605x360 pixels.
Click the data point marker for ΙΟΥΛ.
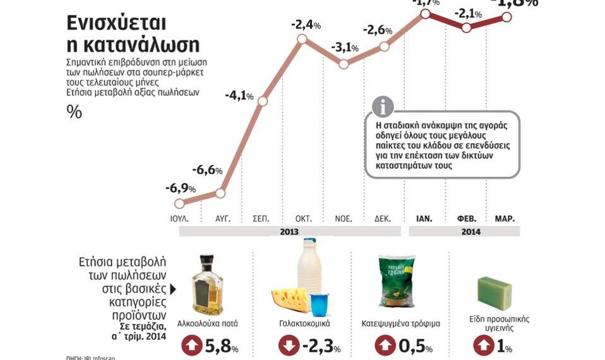(x=179, y=203)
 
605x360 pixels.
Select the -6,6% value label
(x=207, y=171)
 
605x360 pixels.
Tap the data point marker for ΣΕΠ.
(x=263, y=101)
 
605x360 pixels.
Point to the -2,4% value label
(x=306, y=25)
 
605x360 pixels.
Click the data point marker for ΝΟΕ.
(x=344, y=64)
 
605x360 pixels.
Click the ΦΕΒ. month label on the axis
(x=466, y=219)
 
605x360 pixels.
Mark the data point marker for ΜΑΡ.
(x=506, y=17)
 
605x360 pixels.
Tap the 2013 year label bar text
(x=289, y=232)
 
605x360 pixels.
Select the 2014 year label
(x=470, y=232)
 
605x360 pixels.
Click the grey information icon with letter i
(x=383, y=107)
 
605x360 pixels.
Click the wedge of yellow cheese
(x=290, y=301)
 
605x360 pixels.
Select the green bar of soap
(x=494, y=294)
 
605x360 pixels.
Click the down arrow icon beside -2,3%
(x=289, y=346)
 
